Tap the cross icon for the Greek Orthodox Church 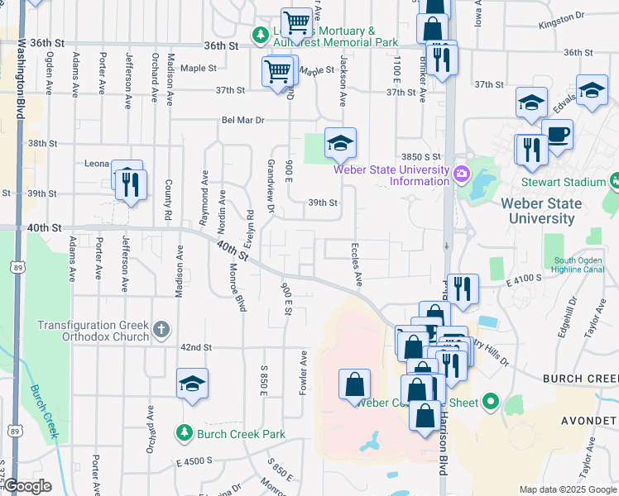click(x=162, y=331)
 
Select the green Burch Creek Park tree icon click(x=185, y=432)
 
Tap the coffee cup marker click(x=557, y=135)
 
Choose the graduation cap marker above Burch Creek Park click(x=192, y=384)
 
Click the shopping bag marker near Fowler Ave click(x=354, y=385)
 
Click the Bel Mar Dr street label click(x=242, y=120)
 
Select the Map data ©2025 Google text click(x=567, y=489)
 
